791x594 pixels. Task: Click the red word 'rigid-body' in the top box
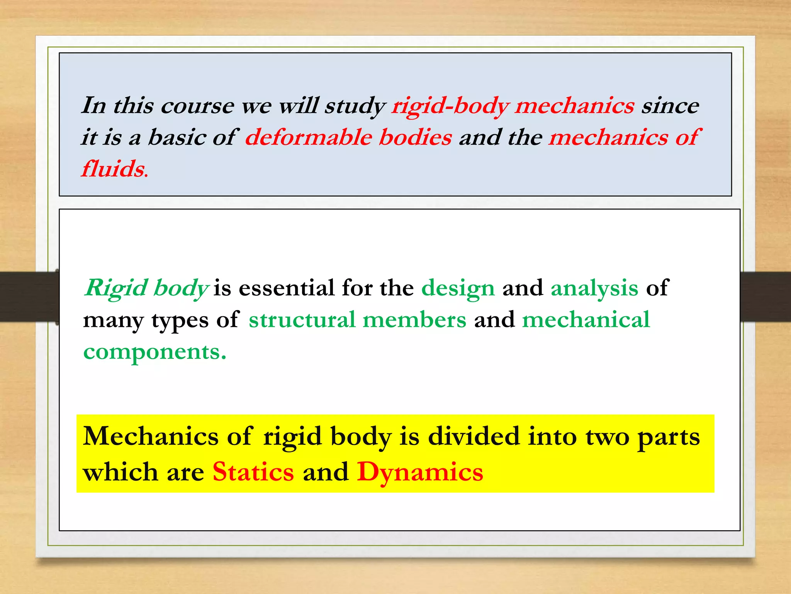pyautogui.click(x=450, y=106)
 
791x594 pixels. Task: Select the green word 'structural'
pyautogui.click(x=302, y=320)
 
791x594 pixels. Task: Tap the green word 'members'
pyautogui.click(x=414, y=320)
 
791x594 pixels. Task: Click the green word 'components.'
pyautogui.click(x=154, y=352)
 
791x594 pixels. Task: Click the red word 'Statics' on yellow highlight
pyautogui.click(x=253, y=472)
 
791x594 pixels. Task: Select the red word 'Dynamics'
pyautogui.click(x=420, y=473)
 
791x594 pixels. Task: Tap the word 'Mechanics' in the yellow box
pyautogui.click(x=151, y=437)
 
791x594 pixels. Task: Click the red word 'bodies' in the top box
pyautogui.click(x=415, y=138)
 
